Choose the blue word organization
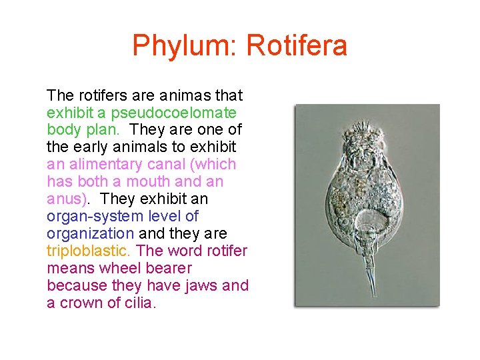pos(90,233)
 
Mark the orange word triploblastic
pos(89,251)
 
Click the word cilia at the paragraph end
pos(138,303)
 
